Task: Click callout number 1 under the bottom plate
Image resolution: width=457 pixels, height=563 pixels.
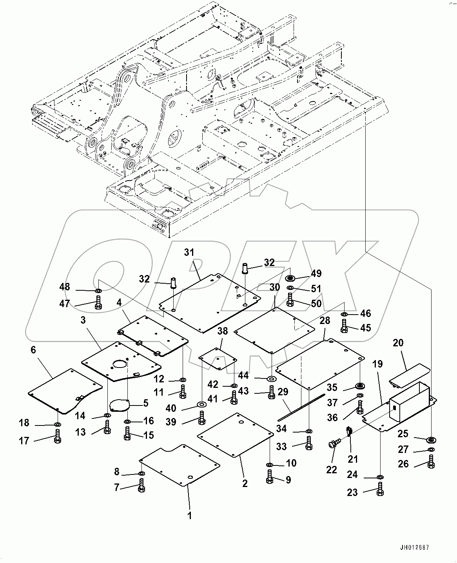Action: tap(190, 516)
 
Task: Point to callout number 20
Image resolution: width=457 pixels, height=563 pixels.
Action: tap(398, 343)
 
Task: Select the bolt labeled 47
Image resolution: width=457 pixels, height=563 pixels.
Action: tap(98, 303)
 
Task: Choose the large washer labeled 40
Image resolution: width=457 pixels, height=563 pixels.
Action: tap(202, 404)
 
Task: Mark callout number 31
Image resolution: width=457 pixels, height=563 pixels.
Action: tap(189, 253)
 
